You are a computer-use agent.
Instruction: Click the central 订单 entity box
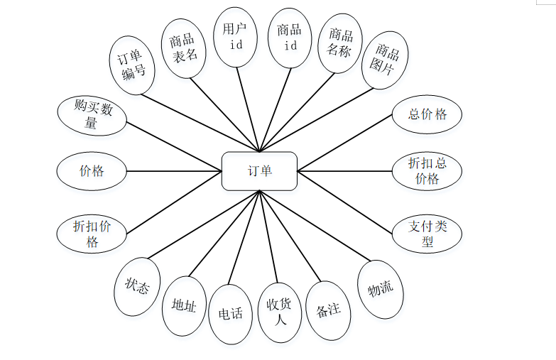[x=259, y=171]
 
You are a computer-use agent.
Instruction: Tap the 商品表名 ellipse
[x=183, y=48]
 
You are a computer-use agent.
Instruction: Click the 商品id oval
[x=290, y=37]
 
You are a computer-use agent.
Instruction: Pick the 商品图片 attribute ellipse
[x=385, y=60]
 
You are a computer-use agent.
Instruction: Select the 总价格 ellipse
[x=427, y=114]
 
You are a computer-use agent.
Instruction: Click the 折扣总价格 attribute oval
[x=427, y=170]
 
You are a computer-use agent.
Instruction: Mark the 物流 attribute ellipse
[x=380, y=289]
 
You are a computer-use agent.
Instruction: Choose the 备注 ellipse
[x=328, y=310]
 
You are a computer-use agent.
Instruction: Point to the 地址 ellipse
[x=184, y=305]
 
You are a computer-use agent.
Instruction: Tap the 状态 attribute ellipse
[x=137, y=286]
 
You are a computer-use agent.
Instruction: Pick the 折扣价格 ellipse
[x=92, y=234]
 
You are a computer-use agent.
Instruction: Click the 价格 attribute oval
[x=92, y=171]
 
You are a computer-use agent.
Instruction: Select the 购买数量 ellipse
[x=92, y=114]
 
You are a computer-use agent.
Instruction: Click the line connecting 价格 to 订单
[x=174, y=171]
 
